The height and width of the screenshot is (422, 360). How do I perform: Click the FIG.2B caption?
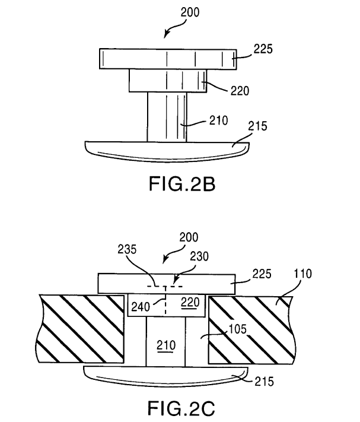click(182, 184)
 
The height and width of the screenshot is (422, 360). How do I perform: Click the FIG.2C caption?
click(181, 408)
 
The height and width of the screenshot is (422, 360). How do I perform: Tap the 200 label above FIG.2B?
click(190, 12)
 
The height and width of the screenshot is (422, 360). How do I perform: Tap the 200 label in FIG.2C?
click(189, 237)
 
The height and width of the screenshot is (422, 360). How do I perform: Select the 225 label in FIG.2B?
click(263, 49)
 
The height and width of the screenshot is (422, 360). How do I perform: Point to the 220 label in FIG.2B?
click(240, 91)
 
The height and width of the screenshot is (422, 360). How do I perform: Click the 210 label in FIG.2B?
click(219, 120)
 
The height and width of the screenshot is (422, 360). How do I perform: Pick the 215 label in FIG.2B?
click(257, 126)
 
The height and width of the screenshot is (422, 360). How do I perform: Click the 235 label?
click(127, 249)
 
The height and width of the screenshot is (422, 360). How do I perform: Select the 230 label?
click(199, 256)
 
